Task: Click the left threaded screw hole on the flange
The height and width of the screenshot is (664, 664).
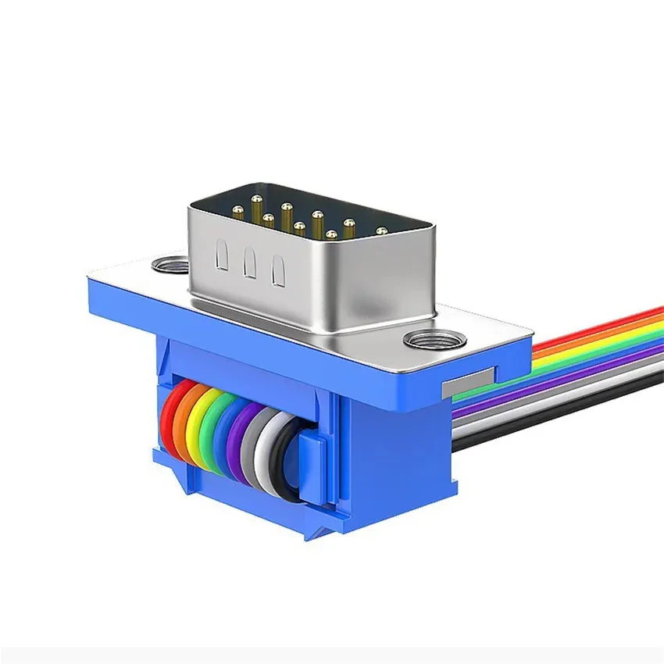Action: point(170,265)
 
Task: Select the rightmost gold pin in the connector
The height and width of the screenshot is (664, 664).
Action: point(382,231)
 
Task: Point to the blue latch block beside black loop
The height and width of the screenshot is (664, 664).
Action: point(312,469)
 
